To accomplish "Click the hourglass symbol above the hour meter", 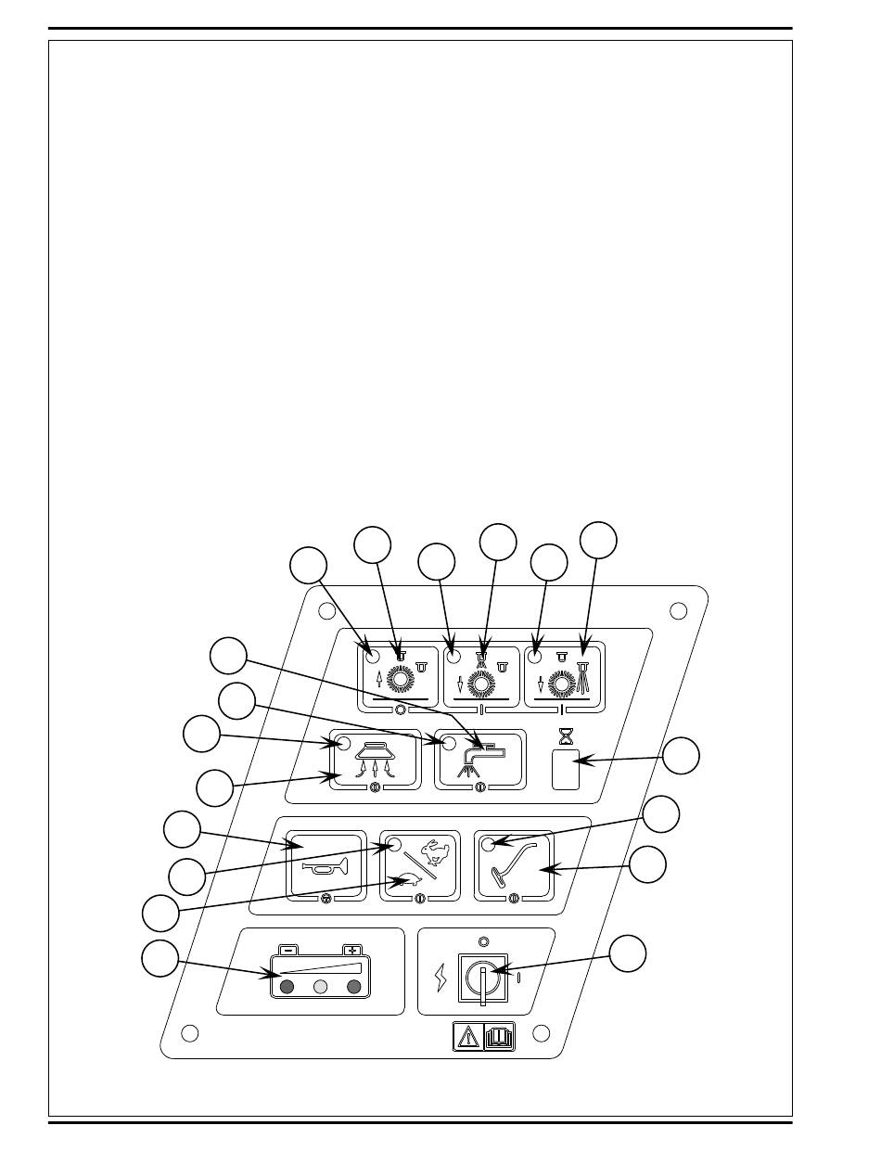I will pos(565,736).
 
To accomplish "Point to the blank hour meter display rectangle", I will pos(566,770).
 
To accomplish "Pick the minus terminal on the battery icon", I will pos(288,950).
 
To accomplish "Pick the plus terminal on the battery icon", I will pos(351,950).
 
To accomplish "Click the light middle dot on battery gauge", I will pos(319,987).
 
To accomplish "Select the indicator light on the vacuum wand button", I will pos(488,843).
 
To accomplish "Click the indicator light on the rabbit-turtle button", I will pos(394,844).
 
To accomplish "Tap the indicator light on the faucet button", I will pos(448,744).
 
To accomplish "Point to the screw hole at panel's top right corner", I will pos(678,610).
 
